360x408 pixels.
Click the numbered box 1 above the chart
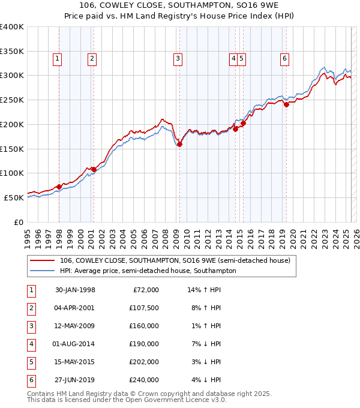[x=57, y=59]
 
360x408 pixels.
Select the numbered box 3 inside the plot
[x=178, y=59]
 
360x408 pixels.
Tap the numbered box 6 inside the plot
[x=284, y=59]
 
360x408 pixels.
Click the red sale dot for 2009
[x=179, y=144]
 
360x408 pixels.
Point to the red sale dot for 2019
[x=287, y=104]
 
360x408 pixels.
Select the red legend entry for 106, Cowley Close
[x=175, y=260]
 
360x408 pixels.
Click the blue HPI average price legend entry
[x=148, y=271]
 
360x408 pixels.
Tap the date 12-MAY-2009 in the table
[x=75, y=326]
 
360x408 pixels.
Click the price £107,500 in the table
[x=144, y=308]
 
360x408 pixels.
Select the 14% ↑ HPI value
[x=204, y=290]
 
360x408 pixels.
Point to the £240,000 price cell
[x=144, y=380]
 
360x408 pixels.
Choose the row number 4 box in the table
[x=31, y=344]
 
